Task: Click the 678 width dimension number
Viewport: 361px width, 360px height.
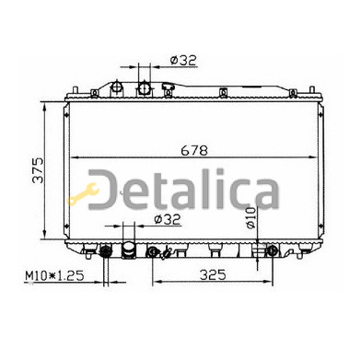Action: [x=194, y=151]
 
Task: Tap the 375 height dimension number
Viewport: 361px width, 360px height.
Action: [x=38, y=170]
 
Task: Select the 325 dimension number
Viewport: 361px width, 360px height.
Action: [x=213, y=274]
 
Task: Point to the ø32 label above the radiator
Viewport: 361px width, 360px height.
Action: [x=183, y=61]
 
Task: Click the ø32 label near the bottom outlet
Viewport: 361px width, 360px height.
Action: [x=168, y=219]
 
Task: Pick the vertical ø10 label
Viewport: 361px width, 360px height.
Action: [x=250, y=217]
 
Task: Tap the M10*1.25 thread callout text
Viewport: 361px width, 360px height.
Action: [x=54, y=275]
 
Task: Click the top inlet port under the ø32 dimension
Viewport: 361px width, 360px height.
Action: [x=144, y=88]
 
